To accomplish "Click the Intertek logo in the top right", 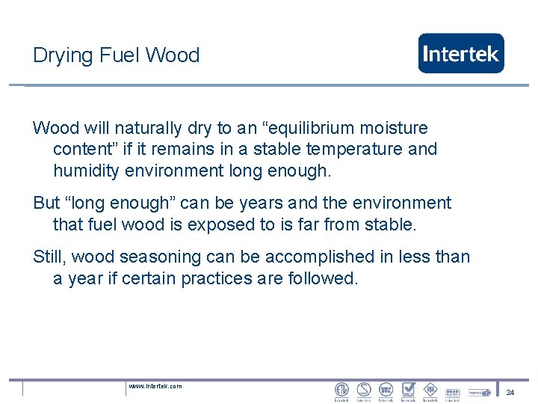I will click(460, 53).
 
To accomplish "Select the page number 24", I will click(510, 392).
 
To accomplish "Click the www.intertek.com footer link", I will click(155, 386).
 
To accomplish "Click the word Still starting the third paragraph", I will click(49, 257).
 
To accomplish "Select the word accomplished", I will click(319, 257).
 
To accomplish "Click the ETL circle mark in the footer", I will click(341, 390).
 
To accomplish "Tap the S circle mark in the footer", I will click(364, 390).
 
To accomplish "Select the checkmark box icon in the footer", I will click(408, 390).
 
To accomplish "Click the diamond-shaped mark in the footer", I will click(430, 390).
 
